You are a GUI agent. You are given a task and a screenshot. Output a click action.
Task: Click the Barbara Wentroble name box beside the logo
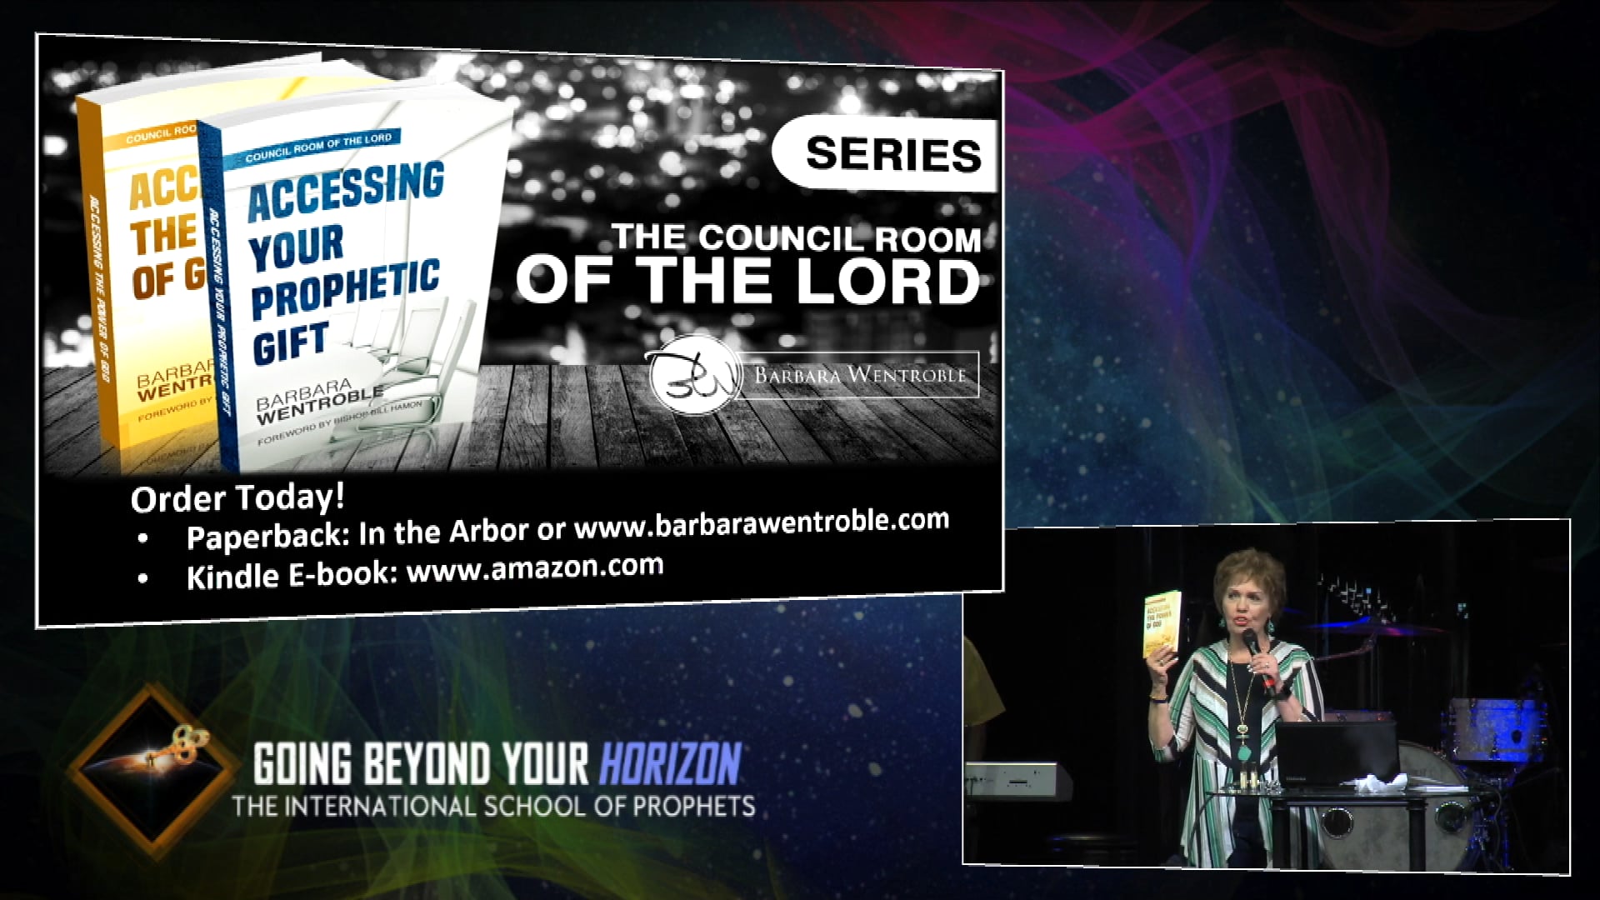[x=859, y=375]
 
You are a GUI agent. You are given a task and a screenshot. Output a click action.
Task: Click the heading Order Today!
[x=237, y=497]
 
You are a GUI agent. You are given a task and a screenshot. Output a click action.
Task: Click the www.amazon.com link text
[x=534, y=569]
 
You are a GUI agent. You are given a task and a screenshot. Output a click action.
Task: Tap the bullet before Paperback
[x=144, y=539]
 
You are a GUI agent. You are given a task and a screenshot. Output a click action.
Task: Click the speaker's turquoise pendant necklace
[x=1243, y=750]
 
